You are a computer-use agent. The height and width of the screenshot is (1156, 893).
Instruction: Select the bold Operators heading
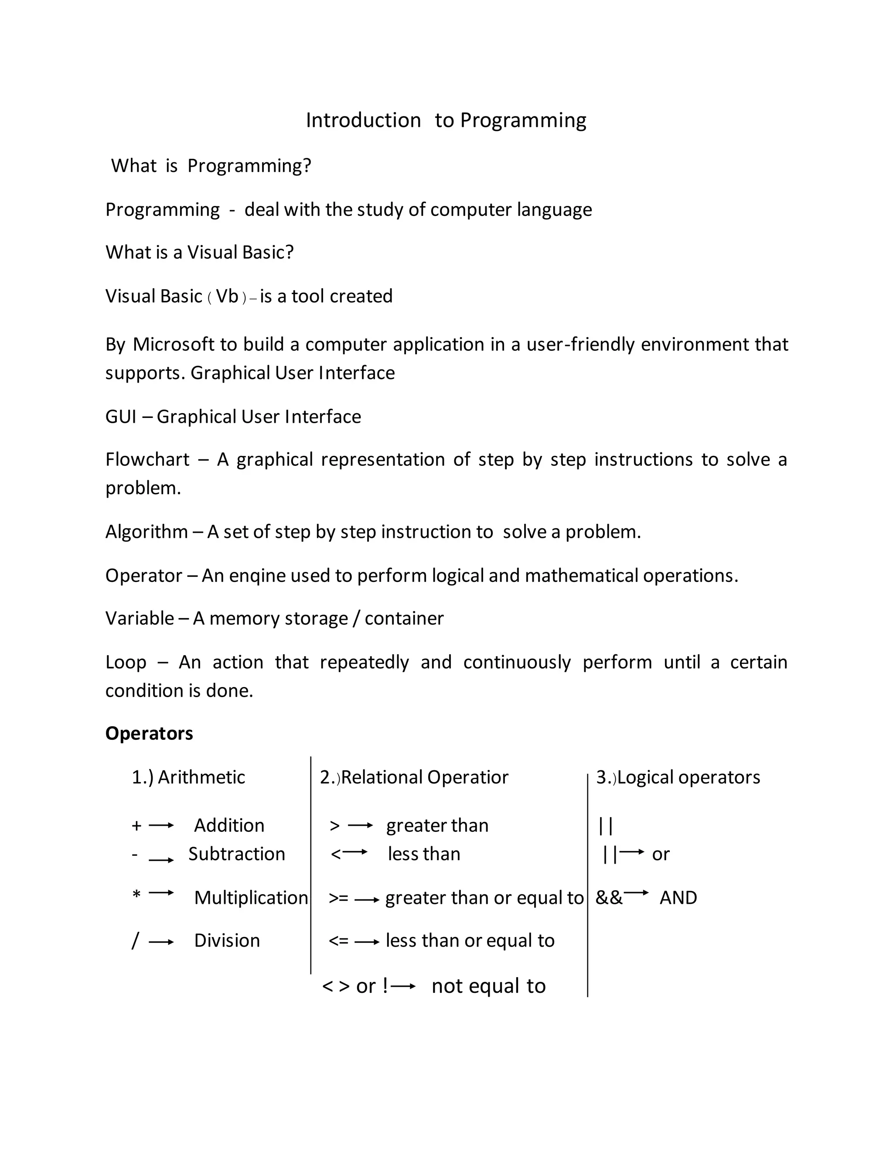149,734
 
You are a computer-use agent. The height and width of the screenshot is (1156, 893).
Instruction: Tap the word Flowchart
147,459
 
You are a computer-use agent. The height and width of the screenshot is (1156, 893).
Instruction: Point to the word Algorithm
147,532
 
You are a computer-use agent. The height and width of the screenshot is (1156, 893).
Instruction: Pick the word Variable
140,619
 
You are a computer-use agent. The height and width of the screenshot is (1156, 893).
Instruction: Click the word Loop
126,663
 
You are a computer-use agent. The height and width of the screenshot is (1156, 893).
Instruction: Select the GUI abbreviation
121,417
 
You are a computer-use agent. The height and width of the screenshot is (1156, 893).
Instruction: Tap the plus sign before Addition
136,826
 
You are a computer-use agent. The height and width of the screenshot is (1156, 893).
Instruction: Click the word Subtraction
236,854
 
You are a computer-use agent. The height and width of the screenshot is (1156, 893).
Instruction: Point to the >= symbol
338,898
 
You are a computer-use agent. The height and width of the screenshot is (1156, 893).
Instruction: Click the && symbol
609,898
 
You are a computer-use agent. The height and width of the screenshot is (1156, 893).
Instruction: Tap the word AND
678,898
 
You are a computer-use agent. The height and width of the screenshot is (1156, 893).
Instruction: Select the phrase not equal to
488,986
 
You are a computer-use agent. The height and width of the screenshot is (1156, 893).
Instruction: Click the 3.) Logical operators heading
678,777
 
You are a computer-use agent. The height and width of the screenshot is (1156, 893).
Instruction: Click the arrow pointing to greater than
360,826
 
